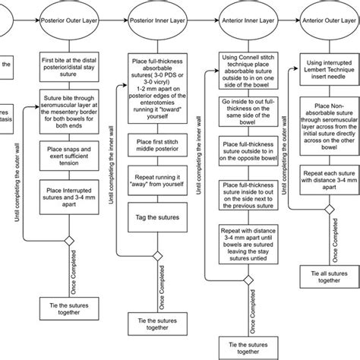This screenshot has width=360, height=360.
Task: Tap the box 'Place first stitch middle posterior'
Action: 159,146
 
